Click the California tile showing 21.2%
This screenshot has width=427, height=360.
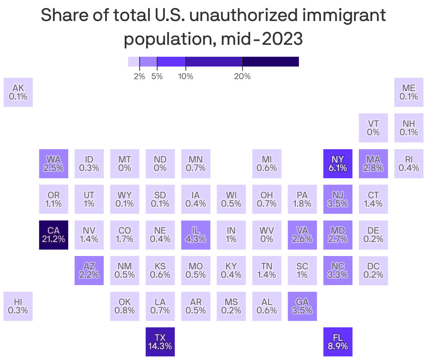(x=54, y=235)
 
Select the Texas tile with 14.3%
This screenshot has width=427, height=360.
(x=160, y=342)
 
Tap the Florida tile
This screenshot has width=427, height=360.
(x=338, y=342)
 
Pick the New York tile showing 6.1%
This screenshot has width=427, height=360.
(x=338, y=164)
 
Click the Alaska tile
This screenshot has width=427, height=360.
(x=18, y=92)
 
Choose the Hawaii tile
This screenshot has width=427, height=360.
(x=18, y=306)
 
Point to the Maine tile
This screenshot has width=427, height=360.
(x=409, y=92)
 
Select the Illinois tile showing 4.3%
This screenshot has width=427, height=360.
(x=196, y=235)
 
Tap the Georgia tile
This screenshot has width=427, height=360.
(x=302, y=306)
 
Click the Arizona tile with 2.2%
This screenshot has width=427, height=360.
(x=89, y=270)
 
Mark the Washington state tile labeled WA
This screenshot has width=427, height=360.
(x=54, y=164)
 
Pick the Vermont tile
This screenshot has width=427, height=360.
(x=373, y=128)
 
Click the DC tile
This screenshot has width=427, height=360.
(x=373, y=270)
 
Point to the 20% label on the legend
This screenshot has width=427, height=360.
(x=242, y=76)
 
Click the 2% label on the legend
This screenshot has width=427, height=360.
(x=139, y=76)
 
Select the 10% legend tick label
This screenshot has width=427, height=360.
(x=185, y=76)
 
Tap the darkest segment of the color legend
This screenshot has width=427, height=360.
(x=271, y=62)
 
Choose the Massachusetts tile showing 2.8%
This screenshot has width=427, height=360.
(x=373, y=164)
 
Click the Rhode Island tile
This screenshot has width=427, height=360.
(x=409, y=164)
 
